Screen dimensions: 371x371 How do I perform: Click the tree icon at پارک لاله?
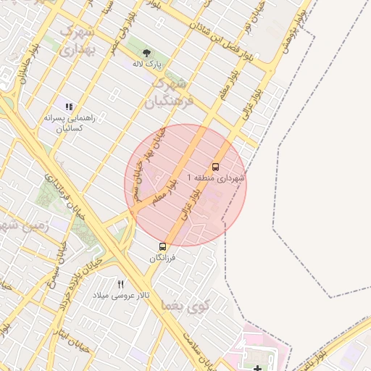pyautogui.click(x=147, y=53)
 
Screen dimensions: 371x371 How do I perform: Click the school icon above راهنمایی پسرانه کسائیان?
pyautogui.click(x=70, y=107)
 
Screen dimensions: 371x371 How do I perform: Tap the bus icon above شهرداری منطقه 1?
pyautogui.click(x=216, y=166)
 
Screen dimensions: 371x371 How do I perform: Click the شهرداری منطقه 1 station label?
pyautogui.click(x=216, y=178)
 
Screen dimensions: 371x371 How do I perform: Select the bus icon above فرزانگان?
pyautogui.click(x=162, y=247)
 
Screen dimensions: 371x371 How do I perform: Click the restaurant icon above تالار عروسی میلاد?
pyautogui.click(x=121, y=284)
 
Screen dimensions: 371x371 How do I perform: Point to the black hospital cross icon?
pyautogui.click(x=259, y=368)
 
